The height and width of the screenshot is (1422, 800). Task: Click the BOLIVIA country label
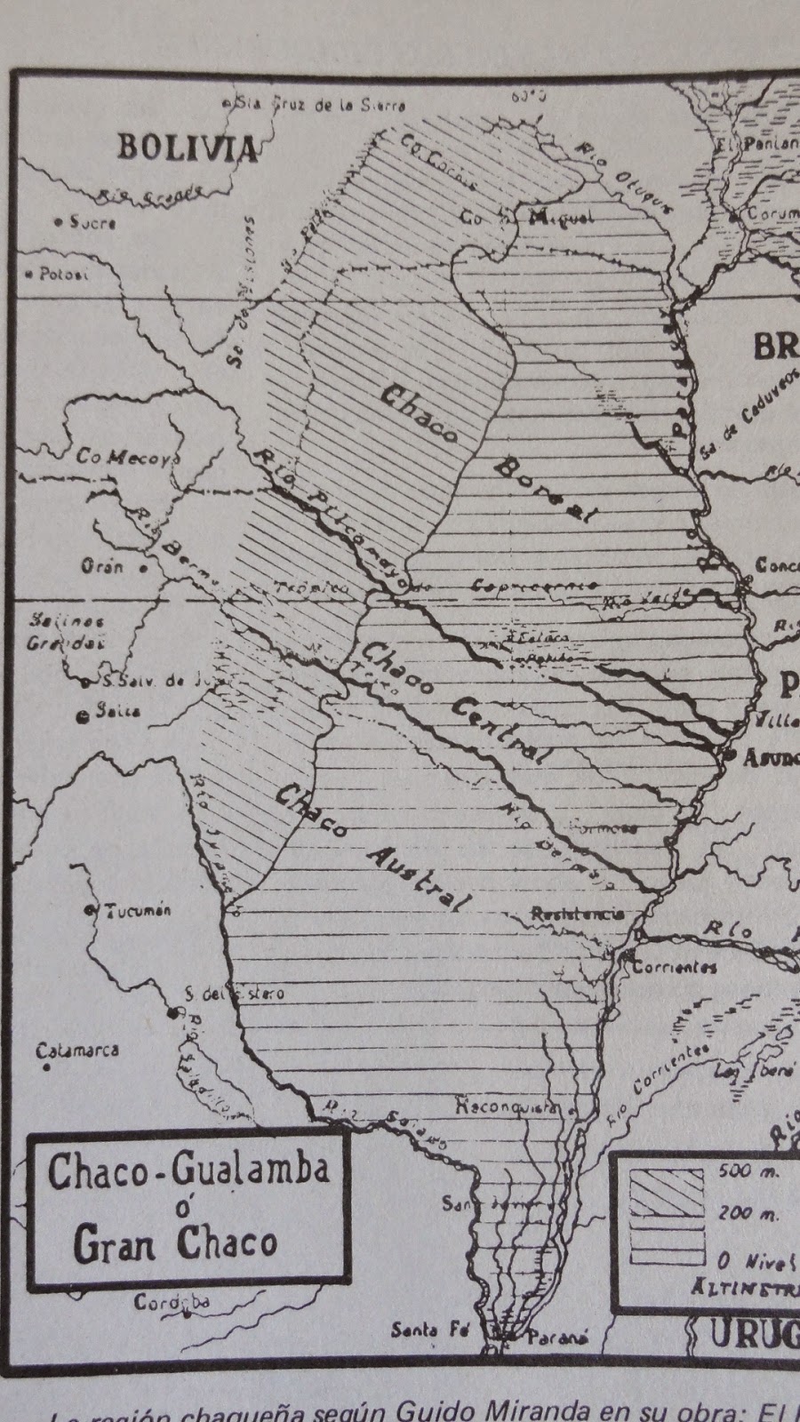[188, 148]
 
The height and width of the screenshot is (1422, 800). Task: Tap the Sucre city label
[92, 223]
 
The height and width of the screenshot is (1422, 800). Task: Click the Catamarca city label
[77, 1051]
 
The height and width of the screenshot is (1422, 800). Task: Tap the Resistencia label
[577, 914]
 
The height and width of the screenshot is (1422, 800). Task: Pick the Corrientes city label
[674, 967]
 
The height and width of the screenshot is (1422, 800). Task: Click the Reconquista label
[507, 1107]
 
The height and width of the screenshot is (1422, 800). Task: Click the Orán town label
[102, 566]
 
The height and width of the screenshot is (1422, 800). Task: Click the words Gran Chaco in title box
[175, 1244]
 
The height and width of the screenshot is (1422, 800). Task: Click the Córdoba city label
[172, 1303]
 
